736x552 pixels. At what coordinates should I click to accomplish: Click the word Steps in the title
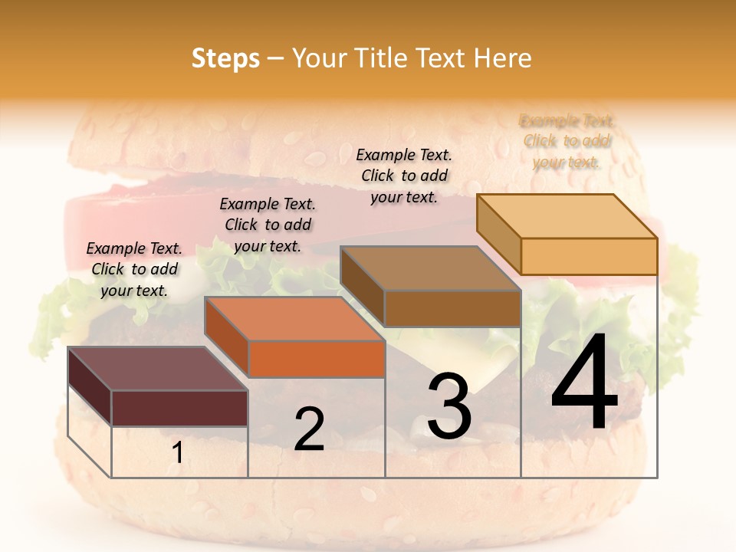point(225,58)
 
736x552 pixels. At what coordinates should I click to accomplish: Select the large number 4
point(584,383)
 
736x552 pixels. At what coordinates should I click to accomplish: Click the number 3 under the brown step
point(449,406)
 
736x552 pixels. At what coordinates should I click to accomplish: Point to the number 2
point(309,429)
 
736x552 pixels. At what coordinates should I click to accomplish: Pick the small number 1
point(178,453)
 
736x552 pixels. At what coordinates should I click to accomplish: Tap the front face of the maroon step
point(179,408)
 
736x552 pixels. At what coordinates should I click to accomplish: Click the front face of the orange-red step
point(317,359)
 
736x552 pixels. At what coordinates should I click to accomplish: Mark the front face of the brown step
point(452,308)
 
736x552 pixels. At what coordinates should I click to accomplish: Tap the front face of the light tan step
point(589,256)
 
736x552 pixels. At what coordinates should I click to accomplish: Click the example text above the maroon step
point(134,269)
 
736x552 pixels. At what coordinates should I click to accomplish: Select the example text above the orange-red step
point(268,225)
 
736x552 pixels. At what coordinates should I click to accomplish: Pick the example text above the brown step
point(404,176)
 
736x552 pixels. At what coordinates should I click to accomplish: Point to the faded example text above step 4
point(567,141)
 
